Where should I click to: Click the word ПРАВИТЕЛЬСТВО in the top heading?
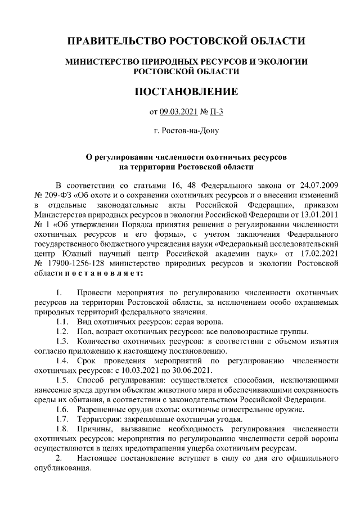click(x=112, y=42)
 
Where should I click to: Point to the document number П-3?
click(x=216, y=112)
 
